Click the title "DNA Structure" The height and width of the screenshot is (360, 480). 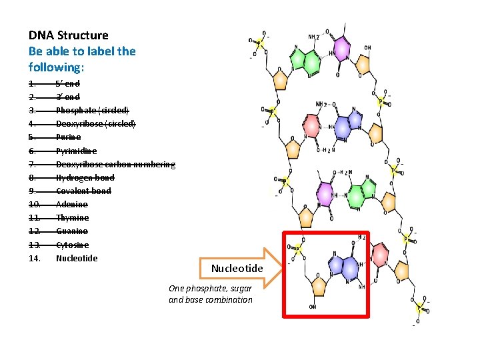click(x=68, y=35)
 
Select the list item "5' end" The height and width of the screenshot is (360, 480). click(x=68, y=83)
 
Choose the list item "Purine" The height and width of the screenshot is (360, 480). click(x=68, y=137)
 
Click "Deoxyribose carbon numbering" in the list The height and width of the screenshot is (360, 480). click(x=115, y=164)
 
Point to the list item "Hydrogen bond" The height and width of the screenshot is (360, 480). click(x=85, y=177)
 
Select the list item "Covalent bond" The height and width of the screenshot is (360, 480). click(x=83, y=191)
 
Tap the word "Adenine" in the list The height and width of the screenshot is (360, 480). click(x=72, y=204)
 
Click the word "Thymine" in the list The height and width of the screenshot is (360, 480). click(x=72, y=218)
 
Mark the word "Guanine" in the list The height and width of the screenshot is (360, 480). click(x=72, y=231)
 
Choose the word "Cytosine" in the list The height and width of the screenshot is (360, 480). click(x=73, y=245)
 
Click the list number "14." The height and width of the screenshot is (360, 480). click(x=35, y=258)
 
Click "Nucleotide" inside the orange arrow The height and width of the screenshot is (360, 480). click(x=237, y=269)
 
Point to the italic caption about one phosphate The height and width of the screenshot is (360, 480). click(x=211, y=294)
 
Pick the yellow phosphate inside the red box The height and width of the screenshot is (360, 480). click(x=297, y=248)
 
